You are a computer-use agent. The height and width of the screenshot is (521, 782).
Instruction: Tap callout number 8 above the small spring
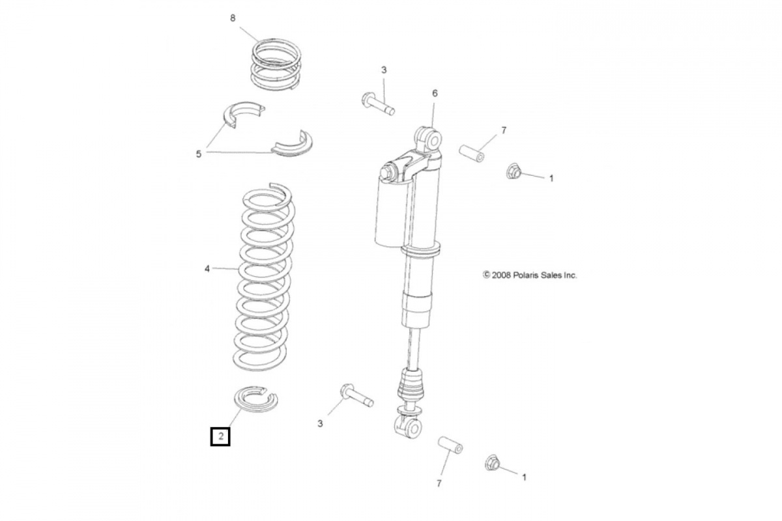(x=233, y=18)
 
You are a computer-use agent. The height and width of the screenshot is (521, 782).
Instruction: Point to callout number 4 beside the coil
(x=208, y=267)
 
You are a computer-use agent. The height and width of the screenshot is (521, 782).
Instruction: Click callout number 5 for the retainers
(x=199, y=154)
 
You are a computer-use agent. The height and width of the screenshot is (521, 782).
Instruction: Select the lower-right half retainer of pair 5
(x=292, y=145)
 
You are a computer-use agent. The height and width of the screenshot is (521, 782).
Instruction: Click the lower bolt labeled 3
(x=355, y=395)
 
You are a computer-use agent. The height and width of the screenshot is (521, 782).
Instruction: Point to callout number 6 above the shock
(x=435, y=93)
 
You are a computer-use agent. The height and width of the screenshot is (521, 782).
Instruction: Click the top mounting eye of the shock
(x=428, y=138)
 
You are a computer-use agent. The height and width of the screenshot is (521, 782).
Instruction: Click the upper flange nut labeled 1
(x=514, y=172)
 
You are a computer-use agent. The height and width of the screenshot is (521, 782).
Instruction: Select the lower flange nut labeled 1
(x=493, y=464)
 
